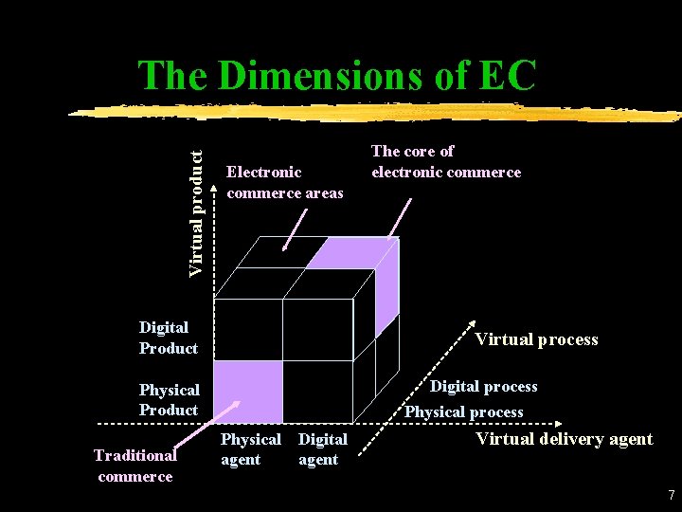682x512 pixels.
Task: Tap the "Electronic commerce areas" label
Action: click(x=285, y=182)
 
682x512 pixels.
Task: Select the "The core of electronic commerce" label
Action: click(x=445, y=161)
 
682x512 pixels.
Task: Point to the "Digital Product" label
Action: click(x=168, y=338)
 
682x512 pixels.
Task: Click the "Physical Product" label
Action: click(x=169, y=399)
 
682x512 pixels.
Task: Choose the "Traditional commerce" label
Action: click(x=135, y=465)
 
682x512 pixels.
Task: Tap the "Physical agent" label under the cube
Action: click(x=250, y=449)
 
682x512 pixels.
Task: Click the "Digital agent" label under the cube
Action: click(x=322, y=449)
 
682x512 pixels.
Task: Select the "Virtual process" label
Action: click(x=536, y=339)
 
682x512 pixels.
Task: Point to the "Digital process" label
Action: click(x=484, y=386)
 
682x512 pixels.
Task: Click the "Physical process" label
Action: click(x=464, y=411)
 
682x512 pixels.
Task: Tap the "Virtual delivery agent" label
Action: click(x=564, y=438)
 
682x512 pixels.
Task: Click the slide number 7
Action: click(x=671, y=495)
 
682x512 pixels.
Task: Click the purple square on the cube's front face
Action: click(x=249, y=391)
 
